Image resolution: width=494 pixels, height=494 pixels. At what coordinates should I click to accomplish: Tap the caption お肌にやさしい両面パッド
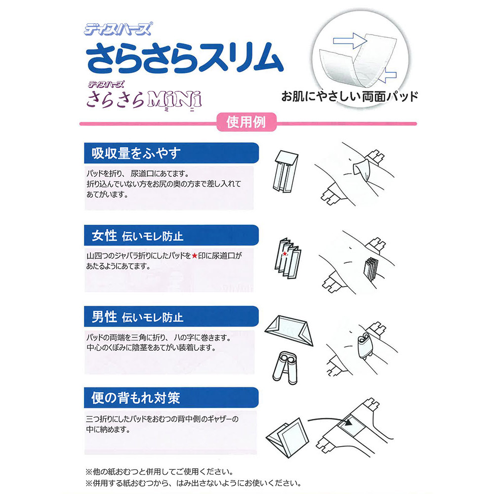(x=350, y=96)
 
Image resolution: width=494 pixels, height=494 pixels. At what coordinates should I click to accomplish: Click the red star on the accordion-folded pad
(x=285, y=254)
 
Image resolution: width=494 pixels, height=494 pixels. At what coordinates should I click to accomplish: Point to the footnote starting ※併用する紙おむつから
(x=193, y=483)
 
